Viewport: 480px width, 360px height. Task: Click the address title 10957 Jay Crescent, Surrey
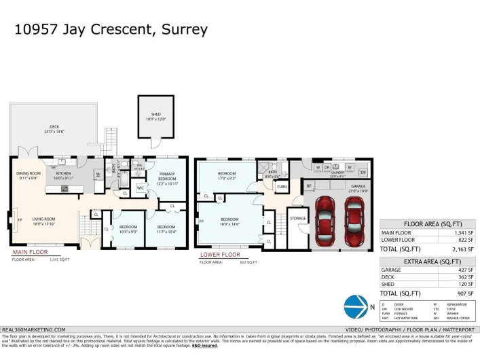pos(110,30)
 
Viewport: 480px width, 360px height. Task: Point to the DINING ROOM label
pos(29,173)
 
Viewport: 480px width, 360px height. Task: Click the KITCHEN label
pos(62,173)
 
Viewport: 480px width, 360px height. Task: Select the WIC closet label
pos(140,187)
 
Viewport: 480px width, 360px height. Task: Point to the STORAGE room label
pos(297,218)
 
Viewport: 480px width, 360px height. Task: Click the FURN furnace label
pos(282,185)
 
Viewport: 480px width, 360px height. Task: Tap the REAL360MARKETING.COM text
pos(34,329)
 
